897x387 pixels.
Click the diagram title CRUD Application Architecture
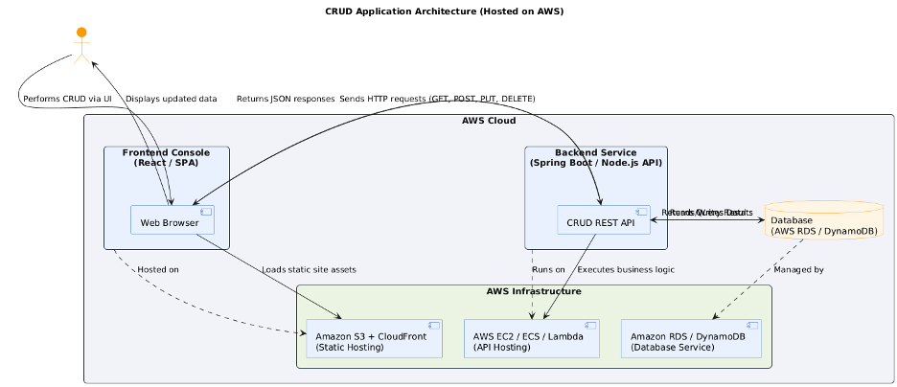click(x=445, y=11)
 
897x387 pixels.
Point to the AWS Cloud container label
click(x=489, y=121)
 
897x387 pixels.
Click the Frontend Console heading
click(x=167, y=158)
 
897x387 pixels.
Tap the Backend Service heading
click(x=595, y=158)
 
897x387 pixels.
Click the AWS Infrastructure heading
click(x=533, y=291)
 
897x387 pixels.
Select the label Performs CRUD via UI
click(x=67, y=99)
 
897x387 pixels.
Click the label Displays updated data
click(x=171, y=99)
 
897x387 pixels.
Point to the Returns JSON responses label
click(x=286, y=99)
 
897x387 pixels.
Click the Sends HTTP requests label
click(x=437, y=99)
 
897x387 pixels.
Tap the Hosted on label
click(x=157, y=269)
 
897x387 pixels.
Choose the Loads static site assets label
click(x=309, y=269)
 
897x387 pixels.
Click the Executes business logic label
click(x=626, y=269)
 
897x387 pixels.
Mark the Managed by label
click(x=798, y=269)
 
